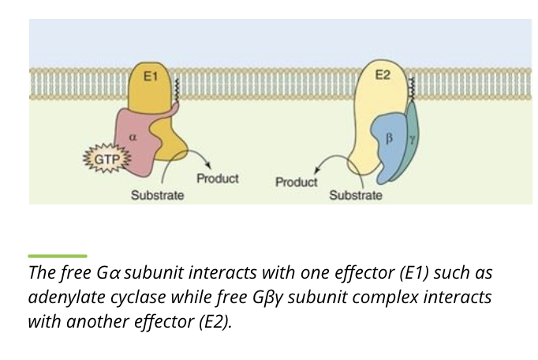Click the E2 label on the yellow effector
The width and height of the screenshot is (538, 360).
coord(383,76)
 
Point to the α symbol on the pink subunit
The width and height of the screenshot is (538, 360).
coord(133,136)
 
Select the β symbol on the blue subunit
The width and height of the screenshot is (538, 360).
coord(387,138)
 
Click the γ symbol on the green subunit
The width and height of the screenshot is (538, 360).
coord(411,137)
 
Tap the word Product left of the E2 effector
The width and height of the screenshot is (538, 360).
coord(296,182)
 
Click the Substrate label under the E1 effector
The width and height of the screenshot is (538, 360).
coord(158,194)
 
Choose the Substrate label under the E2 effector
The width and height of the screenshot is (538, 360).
coord(356,194)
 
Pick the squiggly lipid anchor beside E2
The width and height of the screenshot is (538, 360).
coord(411,95)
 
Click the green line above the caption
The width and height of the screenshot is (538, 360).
coord(57,256)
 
